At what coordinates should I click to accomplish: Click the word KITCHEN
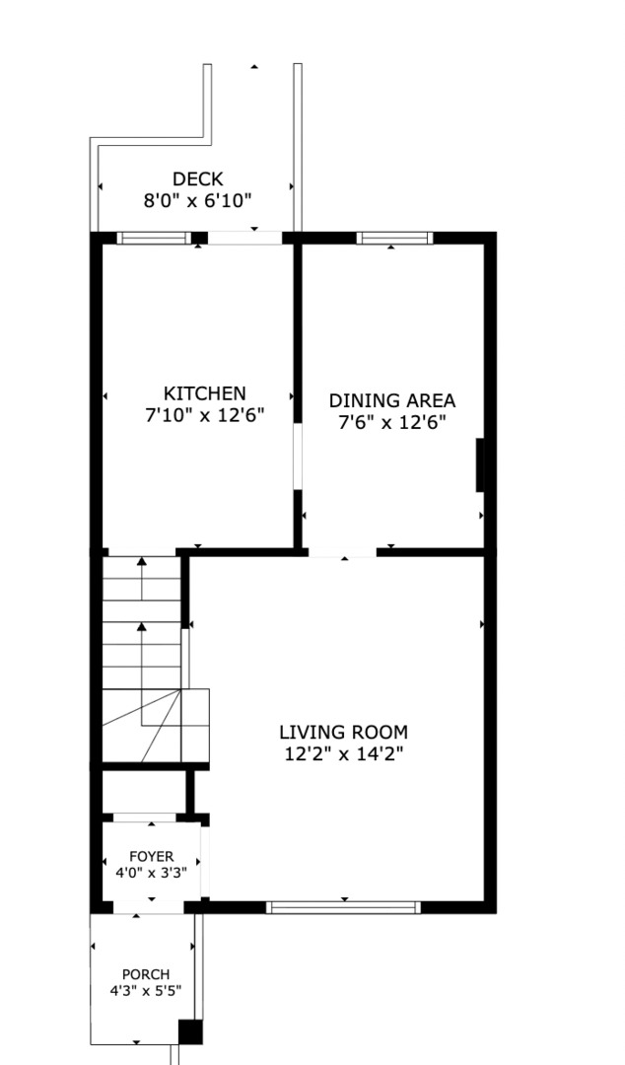pos(204,393)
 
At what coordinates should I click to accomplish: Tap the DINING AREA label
pos(392,400)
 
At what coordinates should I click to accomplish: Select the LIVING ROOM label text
pos(344,732)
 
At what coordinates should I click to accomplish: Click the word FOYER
pos(152,857)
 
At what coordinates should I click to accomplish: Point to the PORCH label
pos(146,974)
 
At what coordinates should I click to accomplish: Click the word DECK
pos(198,179)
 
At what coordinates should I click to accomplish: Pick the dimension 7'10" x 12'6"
pos(204,415)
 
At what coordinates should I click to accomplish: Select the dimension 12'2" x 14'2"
pos(344,754)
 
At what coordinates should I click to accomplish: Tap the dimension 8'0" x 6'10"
pos(198,201)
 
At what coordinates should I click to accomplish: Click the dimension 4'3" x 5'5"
pos(146,991)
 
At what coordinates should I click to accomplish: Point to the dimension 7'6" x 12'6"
pos(392,422)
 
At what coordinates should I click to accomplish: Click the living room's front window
pos(343,907)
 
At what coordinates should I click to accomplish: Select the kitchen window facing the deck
pos(154,238)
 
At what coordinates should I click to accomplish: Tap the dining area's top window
pos(394,238)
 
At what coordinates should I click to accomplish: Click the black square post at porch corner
pos(190,1032)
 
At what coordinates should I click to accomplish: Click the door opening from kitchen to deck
pos(244,238)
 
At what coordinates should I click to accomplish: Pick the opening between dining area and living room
pos(342,552)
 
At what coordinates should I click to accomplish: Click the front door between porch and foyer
pos(148,907)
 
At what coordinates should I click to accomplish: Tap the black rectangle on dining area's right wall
pos(480,464)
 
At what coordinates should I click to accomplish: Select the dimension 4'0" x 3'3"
pos(152,872)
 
